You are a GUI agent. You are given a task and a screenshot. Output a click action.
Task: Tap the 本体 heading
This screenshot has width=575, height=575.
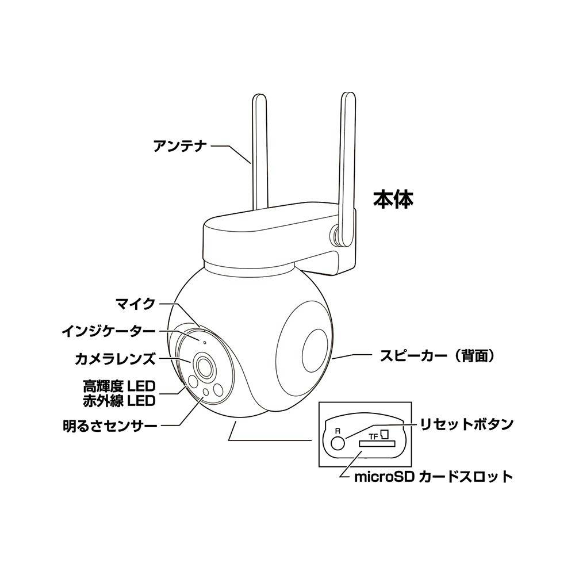(393, 200)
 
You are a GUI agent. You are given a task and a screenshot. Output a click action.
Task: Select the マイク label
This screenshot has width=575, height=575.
(136, 304)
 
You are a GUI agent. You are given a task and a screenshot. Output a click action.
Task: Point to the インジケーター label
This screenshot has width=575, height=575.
(109, 332)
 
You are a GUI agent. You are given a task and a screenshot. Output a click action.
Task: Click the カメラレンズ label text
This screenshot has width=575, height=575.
(115, 359)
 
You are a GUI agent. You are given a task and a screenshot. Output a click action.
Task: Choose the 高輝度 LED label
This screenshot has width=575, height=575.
(119, 386)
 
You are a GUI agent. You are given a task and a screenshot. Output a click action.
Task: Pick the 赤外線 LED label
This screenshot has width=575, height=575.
(119, 401)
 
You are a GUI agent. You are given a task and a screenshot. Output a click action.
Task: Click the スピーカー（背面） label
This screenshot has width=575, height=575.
(437, 356)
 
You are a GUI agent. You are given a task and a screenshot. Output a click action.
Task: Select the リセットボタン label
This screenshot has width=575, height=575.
(466, 424)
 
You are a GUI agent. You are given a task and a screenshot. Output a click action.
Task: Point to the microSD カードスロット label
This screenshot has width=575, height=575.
(434, 477)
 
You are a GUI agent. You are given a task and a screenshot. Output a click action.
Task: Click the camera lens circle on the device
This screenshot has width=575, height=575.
(205, 365)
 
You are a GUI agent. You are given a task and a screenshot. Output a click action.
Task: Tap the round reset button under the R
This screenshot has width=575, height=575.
(338, 443)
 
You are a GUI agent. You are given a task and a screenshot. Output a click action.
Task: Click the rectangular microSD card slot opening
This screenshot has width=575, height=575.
(377, 443)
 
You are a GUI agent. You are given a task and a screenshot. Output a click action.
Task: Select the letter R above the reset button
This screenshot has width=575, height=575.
(338, 431)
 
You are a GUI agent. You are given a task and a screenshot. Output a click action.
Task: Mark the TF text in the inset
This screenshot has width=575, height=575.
(373, 436)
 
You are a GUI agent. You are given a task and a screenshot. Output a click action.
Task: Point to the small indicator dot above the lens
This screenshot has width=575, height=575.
(204, 343)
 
